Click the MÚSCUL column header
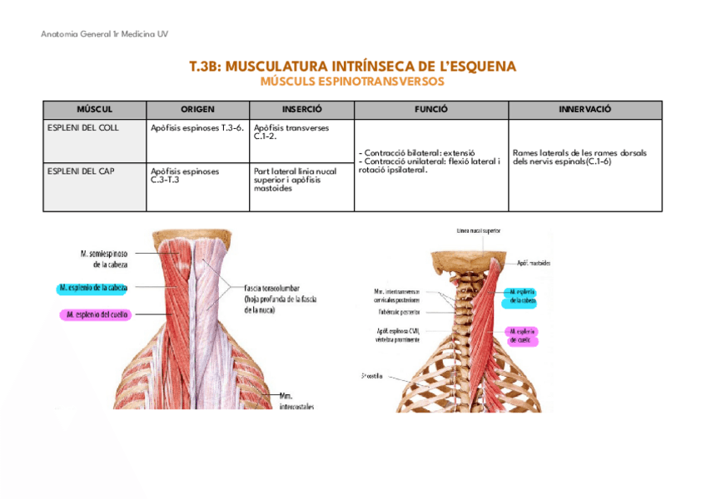[94, 110]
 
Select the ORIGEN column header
[197, 110]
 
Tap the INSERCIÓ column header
[301, 110]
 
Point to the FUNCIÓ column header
[430, 110]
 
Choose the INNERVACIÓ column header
[584, 110]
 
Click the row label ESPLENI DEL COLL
[85, 128]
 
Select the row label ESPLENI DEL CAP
[82, 170]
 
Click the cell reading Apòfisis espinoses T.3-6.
[197, 128]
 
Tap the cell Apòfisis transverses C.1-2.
[291, 132]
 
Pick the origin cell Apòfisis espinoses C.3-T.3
[185, 175]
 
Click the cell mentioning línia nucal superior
[295, 179]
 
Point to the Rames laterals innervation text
[579, 157]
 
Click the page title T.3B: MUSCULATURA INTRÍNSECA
[352, 67]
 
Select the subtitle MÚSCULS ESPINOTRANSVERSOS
[352, 82]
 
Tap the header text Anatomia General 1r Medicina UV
[104, 34]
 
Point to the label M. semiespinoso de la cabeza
[103, 259]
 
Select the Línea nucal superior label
[479, 230]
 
